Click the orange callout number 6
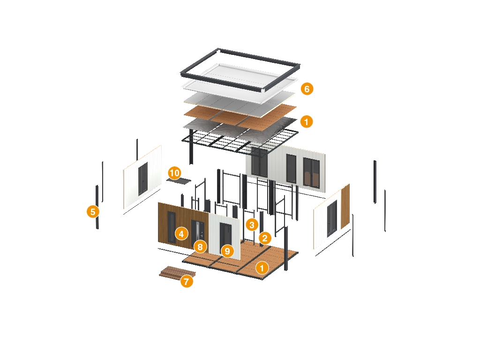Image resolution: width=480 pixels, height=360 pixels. point(307,89)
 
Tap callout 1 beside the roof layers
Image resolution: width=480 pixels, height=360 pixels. point(307,122)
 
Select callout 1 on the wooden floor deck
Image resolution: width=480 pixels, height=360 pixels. point(262,268)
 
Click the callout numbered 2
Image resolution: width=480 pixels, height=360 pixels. point(265,238)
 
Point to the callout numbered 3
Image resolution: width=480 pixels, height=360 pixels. point(252,225)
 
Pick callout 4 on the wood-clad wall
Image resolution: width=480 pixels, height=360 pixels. point(181,233)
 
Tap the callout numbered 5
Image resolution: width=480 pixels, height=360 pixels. point(93,211)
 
